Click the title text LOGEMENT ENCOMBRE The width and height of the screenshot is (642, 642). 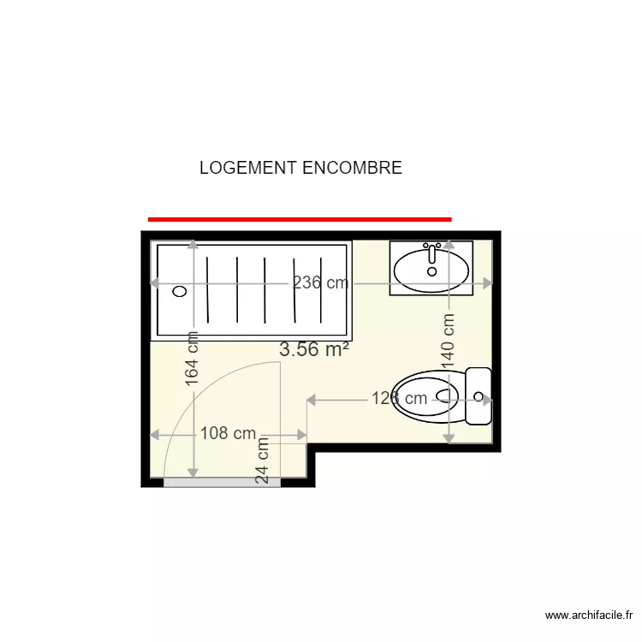pyautogui.click(x=300, y=168)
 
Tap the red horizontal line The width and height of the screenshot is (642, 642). pyautogui.click(x=299, y=219)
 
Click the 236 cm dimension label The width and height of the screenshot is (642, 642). pyautogui.click(x=321, y=283)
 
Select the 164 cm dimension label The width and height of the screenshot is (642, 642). pyautogui.click(x=193, y=360)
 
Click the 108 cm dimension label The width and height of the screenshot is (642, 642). pyautogui.click(x=228, y=433)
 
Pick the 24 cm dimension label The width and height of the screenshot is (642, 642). pyautogui.click(x=263, y=461)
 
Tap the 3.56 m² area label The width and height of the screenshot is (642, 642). pyautogui.click(x=313, y=349)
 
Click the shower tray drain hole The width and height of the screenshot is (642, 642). pyautogui.click(x=179, y=291)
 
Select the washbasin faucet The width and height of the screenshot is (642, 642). pyautogui.click(x=431, y=251)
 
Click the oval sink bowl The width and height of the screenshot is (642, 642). pyautogui.click(x=431, y=271)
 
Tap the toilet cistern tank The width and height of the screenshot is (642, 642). pyautogui.click(x=479, y=395)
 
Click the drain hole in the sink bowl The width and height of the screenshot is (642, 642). pyautogui.click(x=431, y=271)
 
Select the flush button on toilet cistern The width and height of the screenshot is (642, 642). pyautogui.click(x=479, y=397)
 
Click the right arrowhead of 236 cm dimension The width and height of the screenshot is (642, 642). pyautogui.click(x=489, y=283)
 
